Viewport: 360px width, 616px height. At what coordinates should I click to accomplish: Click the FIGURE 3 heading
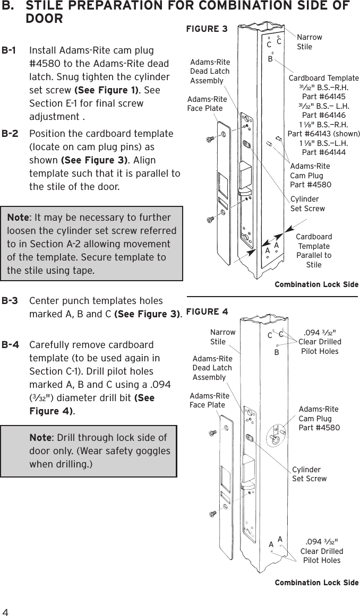click(207, 29)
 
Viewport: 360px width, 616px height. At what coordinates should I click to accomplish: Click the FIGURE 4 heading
click(207, 310)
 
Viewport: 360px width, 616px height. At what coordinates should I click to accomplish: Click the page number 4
click(5, 607)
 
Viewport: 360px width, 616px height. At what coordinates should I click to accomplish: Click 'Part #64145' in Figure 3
click(323, 97)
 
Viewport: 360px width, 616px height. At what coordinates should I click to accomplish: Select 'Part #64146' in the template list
click(323, 115)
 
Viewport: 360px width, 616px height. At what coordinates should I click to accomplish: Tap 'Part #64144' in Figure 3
click(323, 152)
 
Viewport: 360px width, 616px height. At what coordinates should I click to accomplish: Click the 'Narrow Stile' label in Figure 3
click(309, 42)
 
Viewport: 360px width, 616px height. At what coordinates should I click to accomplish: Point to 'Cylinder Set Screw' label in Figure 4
click(309, 474)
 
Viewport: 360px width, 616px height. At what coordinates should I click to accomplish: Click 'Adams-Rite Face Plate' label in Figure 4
click(209, 401)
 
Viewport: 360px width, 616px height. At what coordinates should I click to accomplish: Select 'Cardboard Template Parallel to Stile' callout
click(313, 250)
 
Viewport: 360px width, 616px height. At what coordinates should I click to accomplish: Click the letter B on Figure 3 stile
click(270, 59)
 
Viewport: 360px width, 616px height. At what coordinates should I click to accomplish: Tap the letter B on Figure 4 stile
click(276, 352)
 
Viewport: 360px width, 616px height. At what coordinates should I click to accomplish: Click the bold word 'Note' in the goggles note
click(40, 438)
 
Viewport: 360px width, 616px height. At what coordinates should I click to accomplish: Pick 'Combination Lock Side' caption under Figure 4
click(316, 583)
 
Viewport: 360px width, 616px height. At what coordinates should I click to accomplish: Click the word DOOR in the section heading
click(44, 19)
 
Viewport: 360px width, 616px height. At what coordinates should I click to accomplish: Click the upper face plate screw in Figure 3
click(210, 139)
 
